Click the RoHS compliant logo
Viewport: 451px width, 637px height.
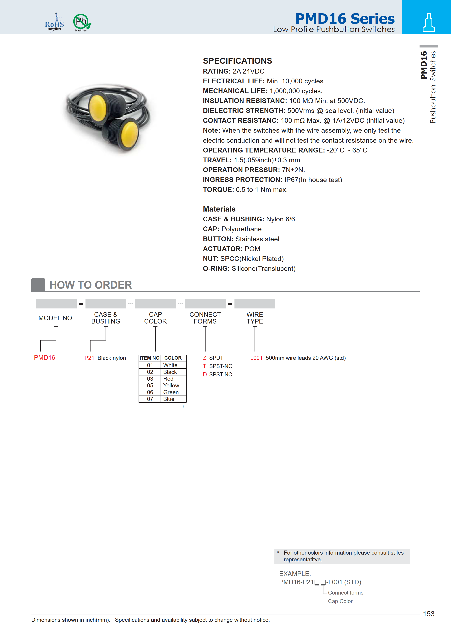pos(54,22)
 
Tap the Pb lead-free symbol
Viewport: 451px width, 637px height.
pos(82,22)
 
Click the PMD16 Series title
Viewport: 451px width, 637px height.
pos(345,19)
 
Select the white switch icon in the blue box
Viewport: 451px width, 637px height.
pos(428,23)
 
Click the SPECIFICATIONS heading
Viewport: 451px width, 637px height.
pos(237,61)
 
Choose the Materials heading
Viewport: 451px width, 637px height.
pos(219,209)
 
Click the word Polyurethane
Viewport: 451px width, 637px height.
pos(241,229)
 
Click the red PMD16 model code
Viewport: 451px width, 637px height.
pos(44,357)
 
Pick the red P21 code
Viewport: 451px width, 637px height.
pos(89,358)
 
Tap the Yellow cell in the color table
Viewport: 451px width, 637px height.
pos(171,385)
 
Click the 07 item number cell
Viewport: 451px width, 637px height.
pos(150,399)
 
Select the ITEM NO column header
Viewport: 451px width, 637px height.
pos(149,358)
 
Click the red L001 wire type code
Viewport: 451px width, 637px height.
pos(256,358)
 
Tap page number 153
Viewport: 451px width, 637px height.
pos(428,614)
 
